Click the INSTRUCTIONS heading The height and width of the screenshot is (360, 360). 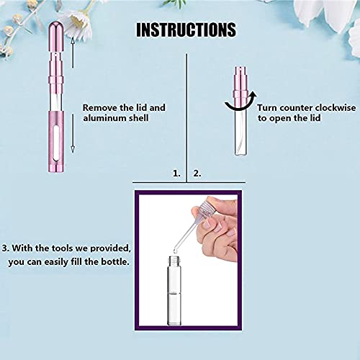click(x=186, y=30)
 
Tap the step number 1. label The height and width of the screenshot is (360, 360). click(x=176, y=174)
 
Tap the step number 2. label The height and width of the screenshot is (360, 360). click(x=197, y=174)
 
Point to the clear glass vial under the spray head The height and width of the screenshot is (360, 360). click(x=243, y=133)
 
